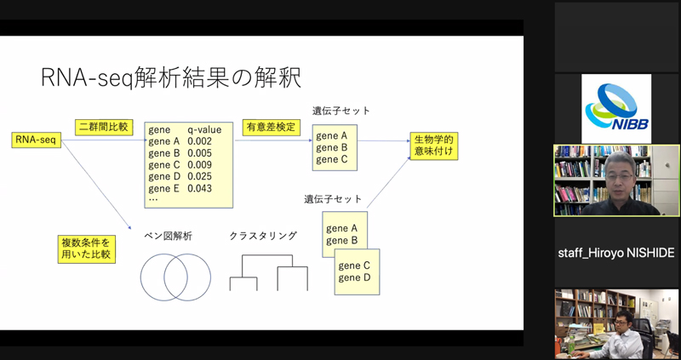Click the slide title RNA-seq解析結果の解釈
(x=170, y=78)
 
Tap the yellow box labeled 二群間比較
(x=104, y=126)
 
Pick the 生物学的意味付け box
(x=434, y=146)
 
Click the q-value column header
(x=204, y=130)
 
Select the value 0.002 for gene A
(x=199, y=142)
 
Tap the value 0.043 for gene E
(x=199, y=188)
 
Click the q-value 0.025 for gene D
(x=199, y=176)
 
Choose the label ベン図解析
(x=167, y=236)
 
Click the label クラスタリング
(x=263, y=236)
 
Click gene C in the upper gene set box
(x=331, y=159)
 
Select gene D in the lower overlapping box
(x=353, y=277)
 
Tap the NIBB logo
(x=615, y=108)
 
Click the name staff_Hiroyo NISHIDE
(x=616, y=254)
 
